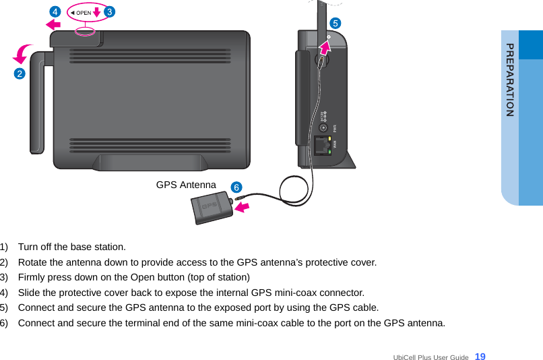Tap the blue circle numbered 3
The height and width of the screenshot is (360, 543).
click(x=109, y=11)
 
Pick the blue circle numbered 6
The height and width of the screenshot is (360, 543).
click(x=236, y=186)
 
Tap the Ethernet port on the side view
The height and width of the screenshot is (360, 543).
click(x=322, y=144)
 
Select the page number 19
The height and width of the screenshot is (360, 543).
click(x=480, y=356)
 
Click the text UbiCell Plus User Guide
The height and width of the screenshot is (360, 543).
click(x=430, y=357)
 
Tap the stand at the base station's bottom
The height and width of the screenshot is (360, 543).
click(x=150, y=162)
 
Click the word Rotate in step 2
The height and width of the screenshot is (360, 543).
click(x=33, y=262)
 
